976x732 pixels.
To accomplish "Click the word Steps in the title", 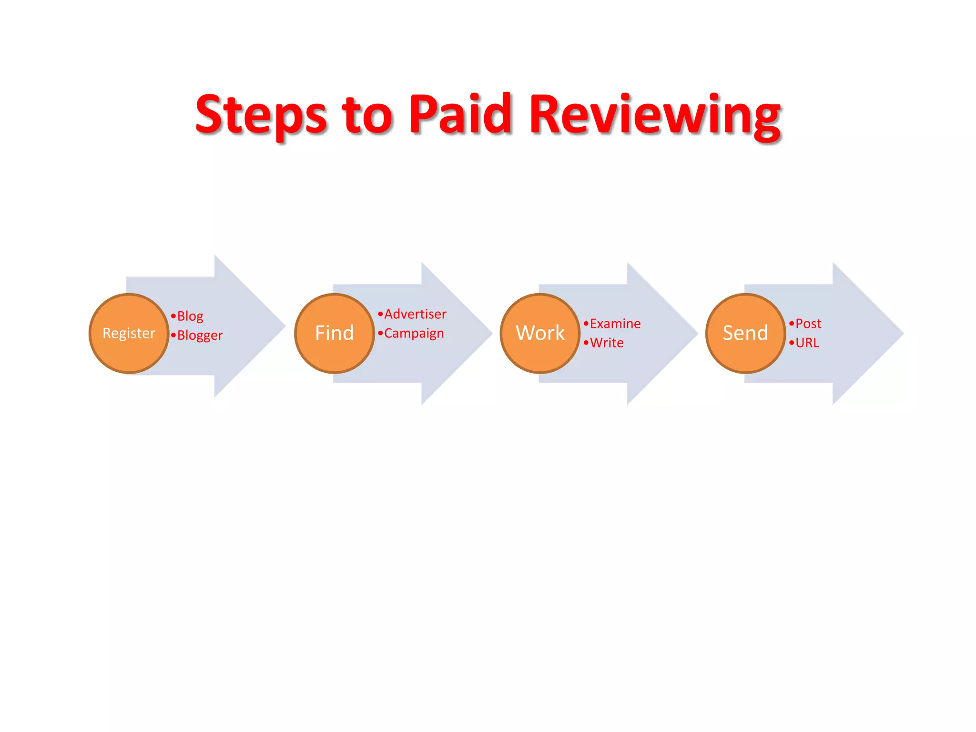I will click(261, 114).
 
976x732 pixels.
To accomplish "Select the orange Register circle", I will click(129, 333).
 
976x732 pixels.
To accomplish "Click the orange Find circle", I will click(335, 333).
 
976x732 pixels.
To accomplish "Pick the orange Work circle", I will click(540, 333).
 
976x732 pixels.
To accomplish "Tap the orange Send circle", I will click(745, 333).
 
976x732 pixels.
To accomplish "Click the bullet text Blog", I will click(190, 316).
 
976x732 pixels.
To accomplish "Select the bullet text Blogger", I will click(200, 335).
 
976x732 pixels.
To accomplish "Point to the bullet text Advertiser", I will click(415, 314).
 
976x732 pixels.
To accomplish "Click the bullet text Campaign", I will click(414, 333).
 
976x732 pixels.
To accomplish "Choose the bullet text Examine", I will click(615, 324).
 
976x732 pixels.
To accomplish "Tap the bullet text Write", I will click(606, 343).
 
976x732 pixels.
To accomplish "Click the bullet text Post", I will click(808, 324).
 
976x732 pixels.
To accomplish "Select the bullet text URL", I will click(807, 343).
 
